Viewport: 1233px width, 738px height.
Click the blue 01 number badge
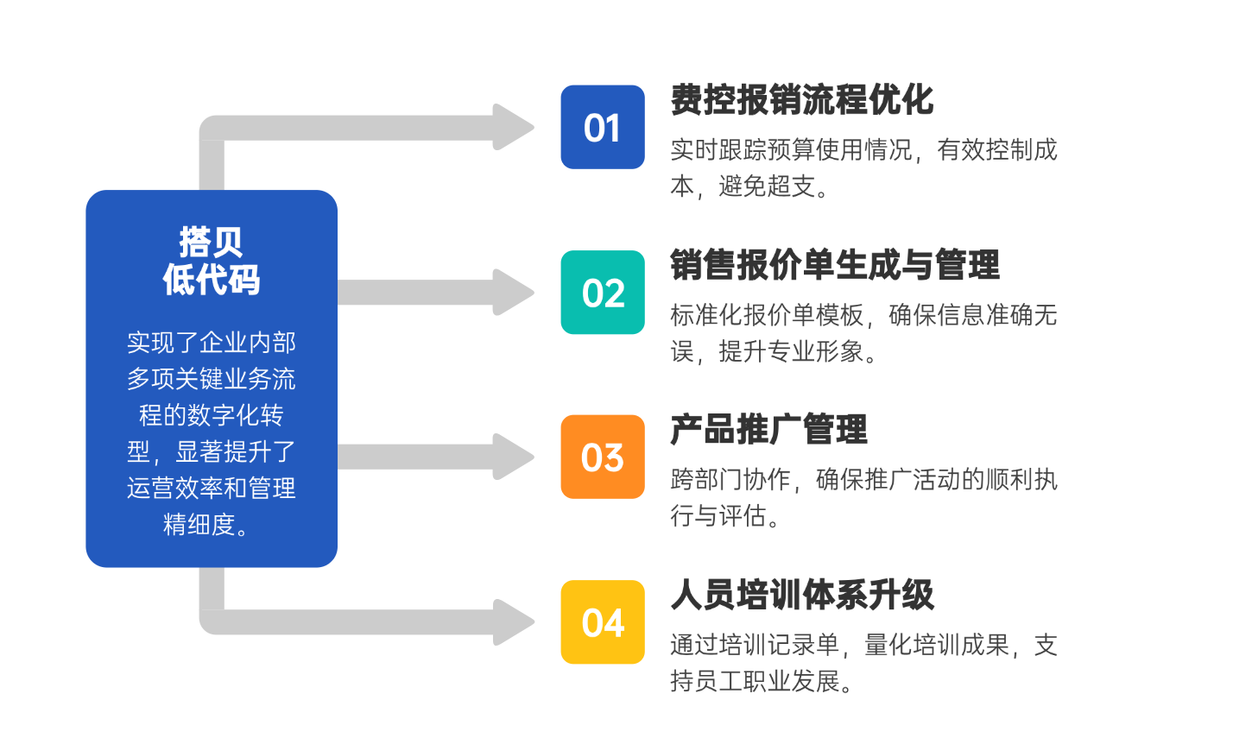[602, 127]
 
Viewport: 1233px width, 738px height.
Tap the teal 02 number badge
[602, 293]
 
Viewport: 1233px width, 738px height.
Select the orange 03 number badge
[602, 457]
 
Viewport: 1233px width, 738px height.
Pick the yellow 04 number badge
[602, 622]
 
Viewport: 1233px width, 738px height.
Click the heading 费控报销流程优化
[801, 100]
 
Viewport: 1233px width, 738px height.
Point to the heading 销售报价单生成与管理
[834, 265]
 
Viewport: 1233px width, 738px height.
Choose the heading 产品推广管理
[768, 429]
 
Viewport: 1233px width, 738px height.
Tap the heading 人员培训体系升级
[801, 595]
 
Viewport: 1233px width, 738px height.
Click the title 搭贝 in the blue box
[211, 242]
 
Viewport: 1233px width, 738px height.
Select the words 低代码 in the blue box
[211, 280]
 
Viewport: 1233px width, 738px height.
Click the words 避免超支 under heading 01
[767, 186]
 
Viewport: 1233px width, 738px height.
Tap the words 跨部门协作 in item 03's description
[730, 480]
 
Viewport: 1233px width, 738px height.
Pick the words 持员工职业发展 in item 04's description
[755, 681]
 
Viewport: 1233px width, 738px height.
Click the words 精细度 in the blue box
[199, 524]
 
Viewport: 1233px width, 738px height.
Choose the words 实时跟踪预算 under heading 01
[743, 150]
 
